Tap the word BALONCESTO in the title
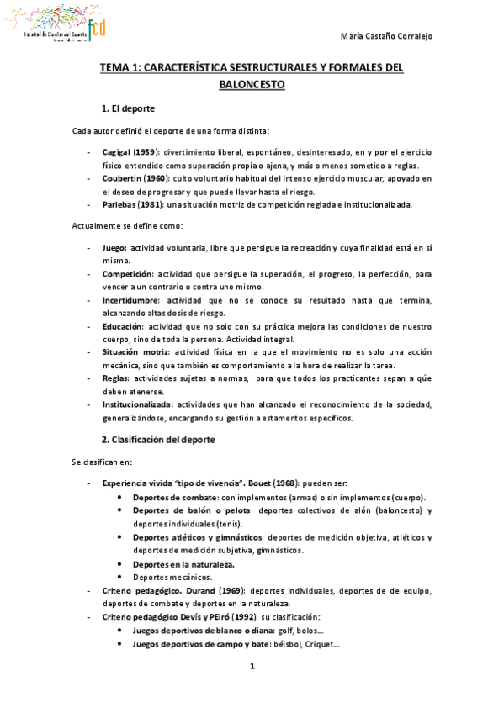point(252,85)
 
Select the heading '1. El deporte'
point(127,109)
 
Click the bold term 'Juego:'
point(115,249)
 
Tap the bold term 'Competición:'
point(129,274)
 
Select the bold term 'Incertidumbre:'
point(132,300)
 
